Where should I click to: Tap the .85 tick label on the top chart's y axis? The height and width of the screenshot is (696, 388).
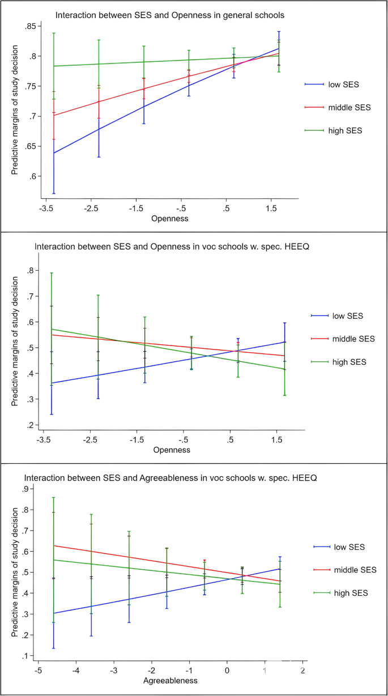[29, 26]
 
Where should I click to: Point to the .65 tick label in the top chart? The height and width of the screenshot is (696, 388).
[29, 146]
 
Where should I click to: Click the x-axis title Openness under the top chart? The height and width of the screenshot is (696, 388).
[170, 217]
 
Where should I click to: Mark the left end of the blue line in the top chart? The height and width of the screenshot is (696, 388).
[54, 153]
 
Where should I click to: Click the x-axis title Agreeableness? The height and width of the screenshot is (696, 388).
[170, 680]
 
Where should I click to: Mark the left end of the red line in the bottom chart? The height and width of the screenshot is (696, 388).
[54, 545]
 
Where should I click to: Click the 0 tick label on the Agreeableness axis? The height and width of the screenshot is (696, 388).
[227, 671]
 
